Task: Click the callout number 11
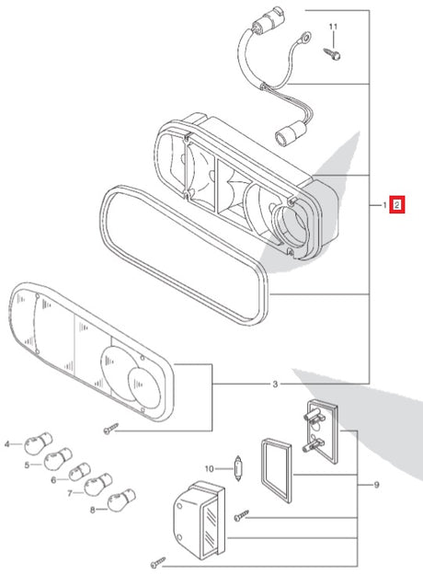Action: [x=334, y=26]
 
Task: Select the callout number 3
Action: [x=275, y=383]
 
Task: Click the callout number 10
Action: [x=209, y=469]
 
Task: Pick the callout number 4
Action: [x=7, y=444]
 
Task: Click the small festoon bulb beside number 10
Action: [x=237, y=469]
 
